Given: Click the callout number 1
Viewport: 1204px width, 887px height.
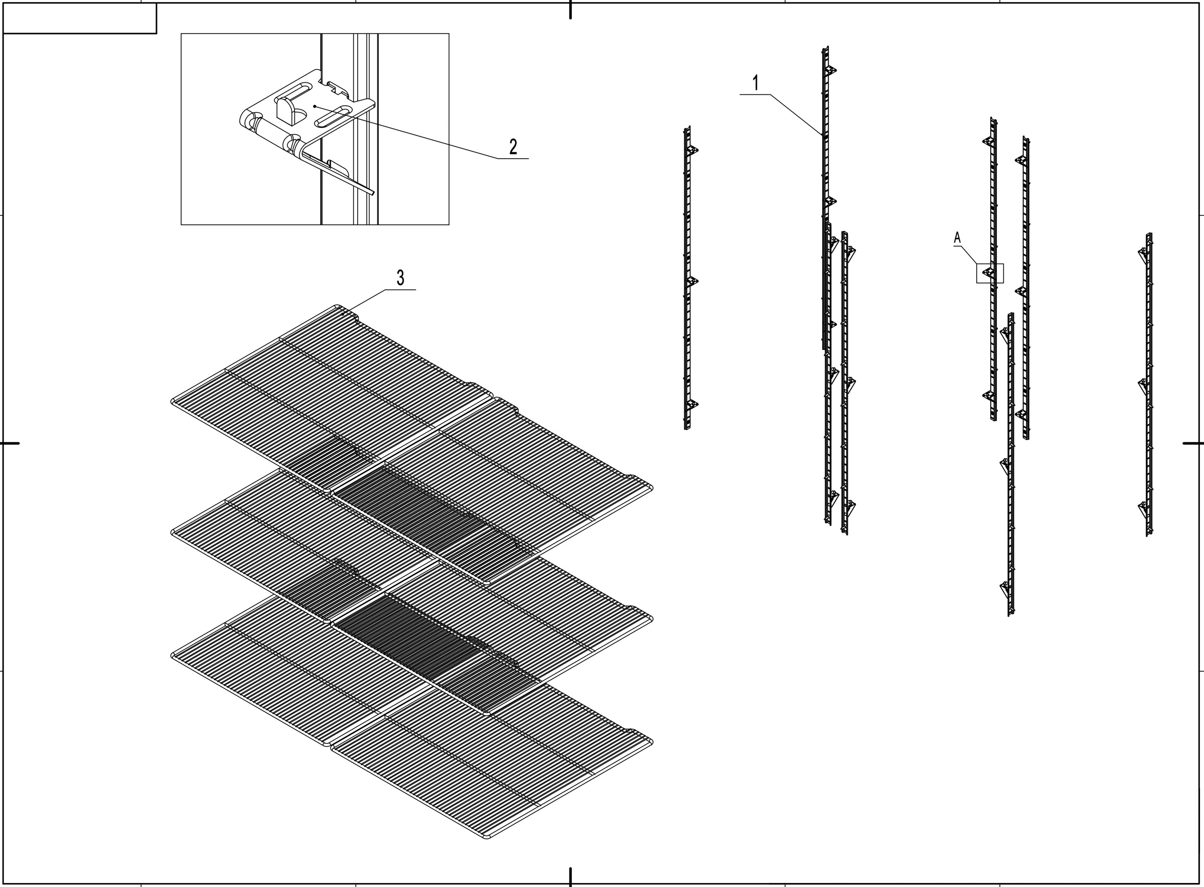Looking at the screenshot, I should pos(756,83).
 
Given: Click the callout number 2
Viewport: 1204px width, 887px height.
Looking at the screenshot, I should pos(513,147).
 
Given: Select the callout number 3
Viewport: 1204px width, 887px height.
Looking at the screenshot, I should pos(400,278).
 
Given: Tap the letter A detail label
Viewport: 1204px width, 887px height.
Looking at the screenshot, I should pos(957,237).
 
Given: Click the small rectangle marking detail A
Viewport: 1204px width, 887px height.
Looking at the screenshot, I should pos(989,273).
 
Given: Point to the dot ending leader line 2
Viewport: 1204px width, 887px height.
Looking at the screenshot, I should pos(315,106).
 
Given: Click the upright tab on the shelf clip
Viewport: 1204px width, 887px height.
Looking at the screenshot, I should pos(285,110).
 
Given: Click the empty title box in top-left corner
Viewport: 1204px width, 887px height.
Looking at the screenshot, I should pos(79,18).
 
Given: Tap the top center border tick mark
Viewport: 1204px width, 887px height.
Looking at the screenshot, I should pos(570,10).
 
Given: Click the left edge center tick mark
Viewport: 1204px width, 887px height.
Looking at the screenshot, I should pos(10,443).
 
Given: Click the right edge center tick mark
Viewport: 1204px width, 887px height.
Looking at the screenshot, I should pos(1193,443).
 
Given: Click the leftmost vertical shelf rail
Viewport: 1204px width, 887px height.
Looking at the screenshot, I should pos(687,279).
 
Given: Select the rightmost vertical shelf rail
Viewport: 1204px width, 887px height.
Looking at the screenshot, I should pos(1149,384).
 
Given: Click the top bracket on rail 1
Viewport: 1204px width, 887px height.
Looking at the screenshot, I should pos(831,70).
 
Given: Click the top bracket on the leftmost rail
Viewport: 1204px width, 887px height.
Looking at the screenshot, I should pos(693,150).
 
